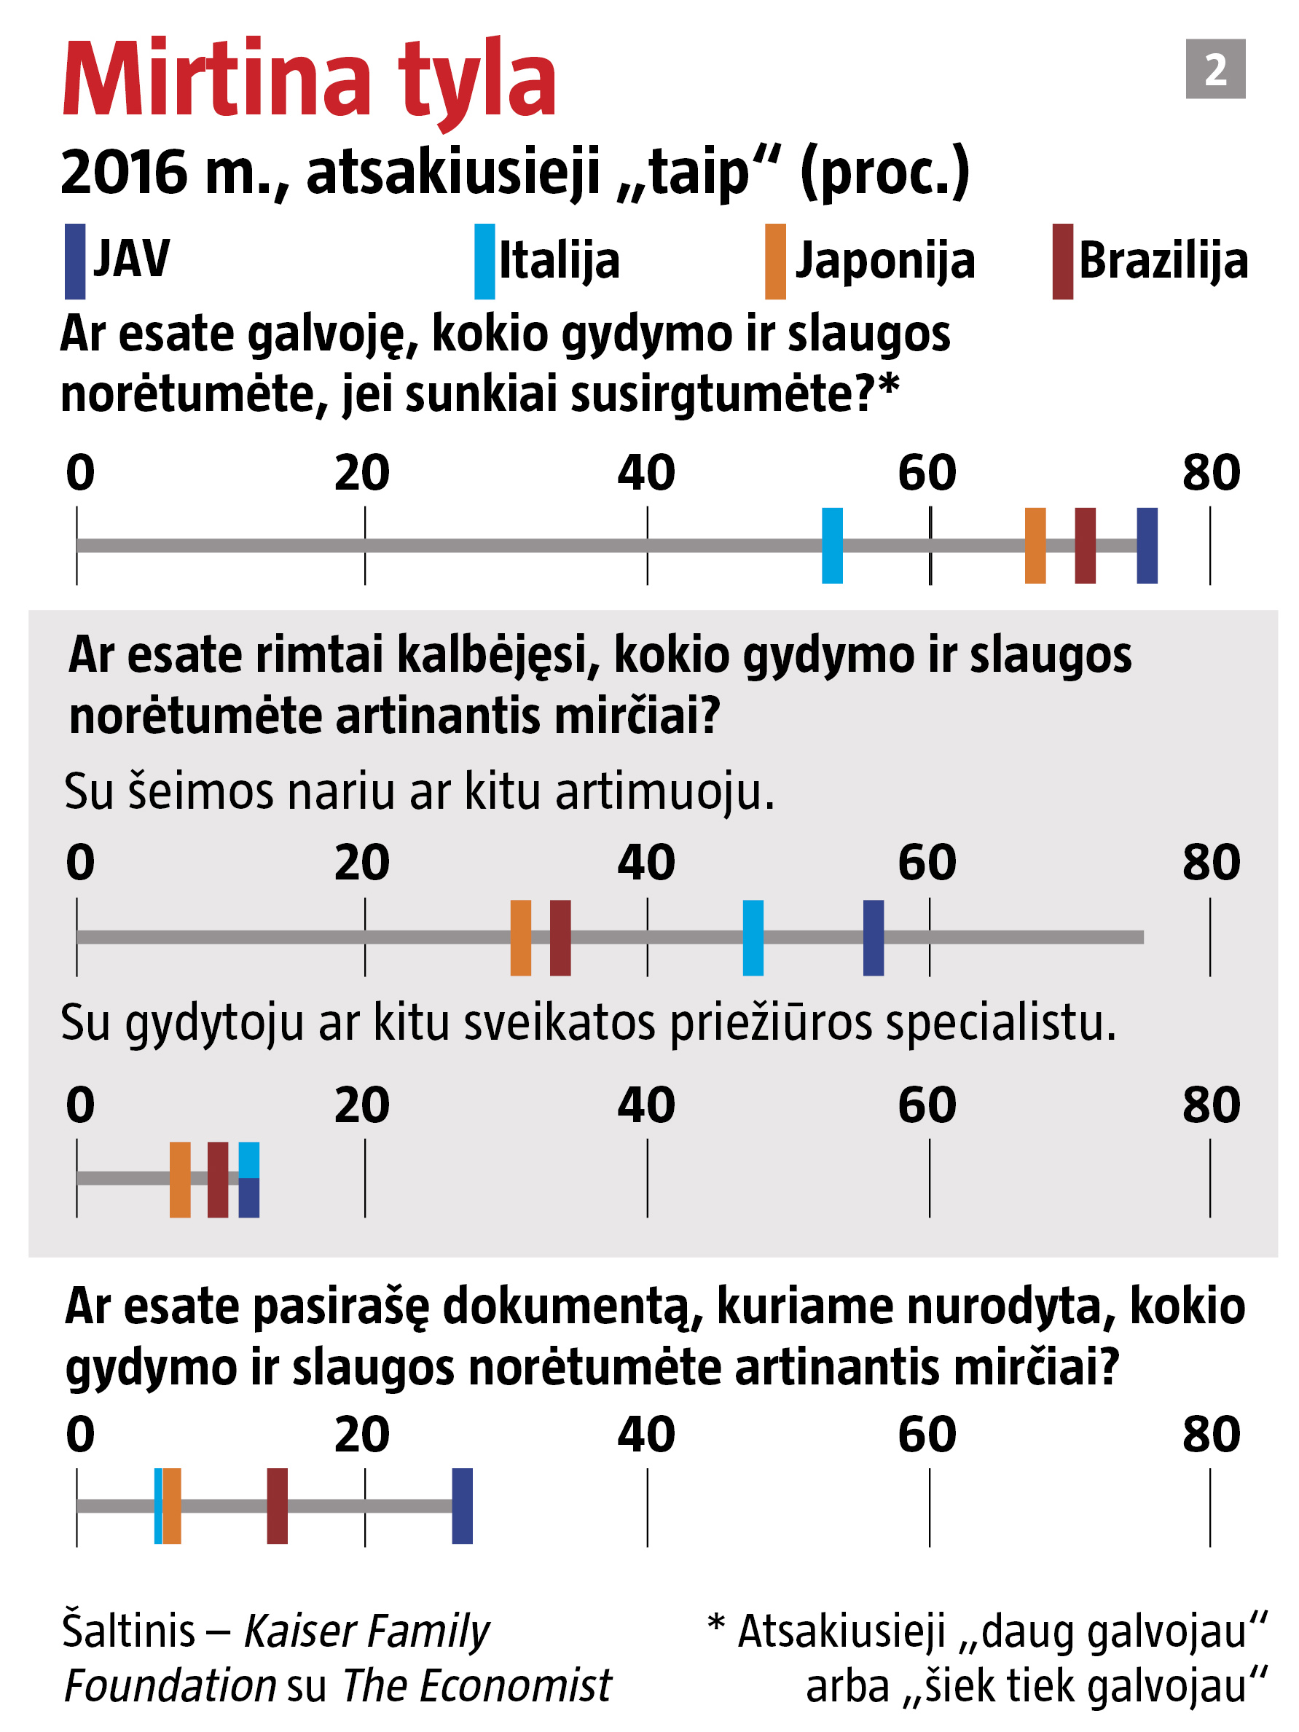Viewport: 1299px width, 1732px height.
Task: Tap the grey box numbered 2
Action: click(x=1214, y=69)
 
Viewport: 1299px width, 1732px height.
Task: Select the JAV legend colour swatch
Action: click(x=74, y=262)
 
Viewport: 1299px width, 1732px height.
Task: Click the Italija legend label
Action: click(x=559, y=261)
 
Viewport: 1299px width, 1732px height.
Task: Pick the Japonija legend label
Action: click(x=884, y=261)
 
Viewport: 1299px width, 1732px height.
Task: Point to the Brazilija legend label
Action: click(x=1163, y=261)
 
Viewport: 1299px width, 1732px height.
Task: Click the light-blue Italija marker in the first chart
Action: click(x=831, y=546)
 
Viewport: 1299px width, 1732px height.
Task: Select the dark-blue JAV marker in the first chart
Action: click(x=1146, y=546)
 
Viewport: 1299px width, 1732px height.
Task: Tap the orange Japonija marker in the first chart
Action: click(x=1035, y=546)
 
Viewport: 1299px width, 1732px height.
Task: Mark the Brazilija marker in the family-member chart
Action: click(x=560, y=938)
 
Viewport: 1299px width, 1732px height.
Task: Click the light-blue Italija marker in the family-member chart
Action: click(x=753, y=938)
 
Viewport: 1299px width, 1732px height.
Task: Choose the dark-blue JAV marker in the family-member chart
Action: click(x=873, y=938)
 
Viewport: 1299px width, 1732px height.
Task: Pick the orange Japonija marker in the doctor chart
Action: click(x=180, y=1180)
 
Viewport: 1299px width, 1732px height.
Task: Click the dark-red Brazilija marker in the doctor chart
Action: click(x=218, y=1180)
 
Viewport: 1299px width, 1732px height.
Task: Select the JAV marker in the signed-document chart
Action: click(x=462, y=1507)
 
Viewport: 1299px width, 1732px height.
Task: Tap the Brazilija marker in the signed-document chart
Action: click(x=277, y=1507)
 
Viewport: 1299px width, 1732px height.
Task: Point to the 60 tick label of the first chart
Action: click(x=927, y=473)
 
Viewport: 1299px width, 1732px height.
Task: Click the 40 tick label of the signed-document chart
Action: click(x=646, y=1435)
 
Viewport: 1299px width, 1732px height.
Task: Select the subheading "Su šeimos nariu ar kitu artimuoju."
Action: click(x=419, y=791)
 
